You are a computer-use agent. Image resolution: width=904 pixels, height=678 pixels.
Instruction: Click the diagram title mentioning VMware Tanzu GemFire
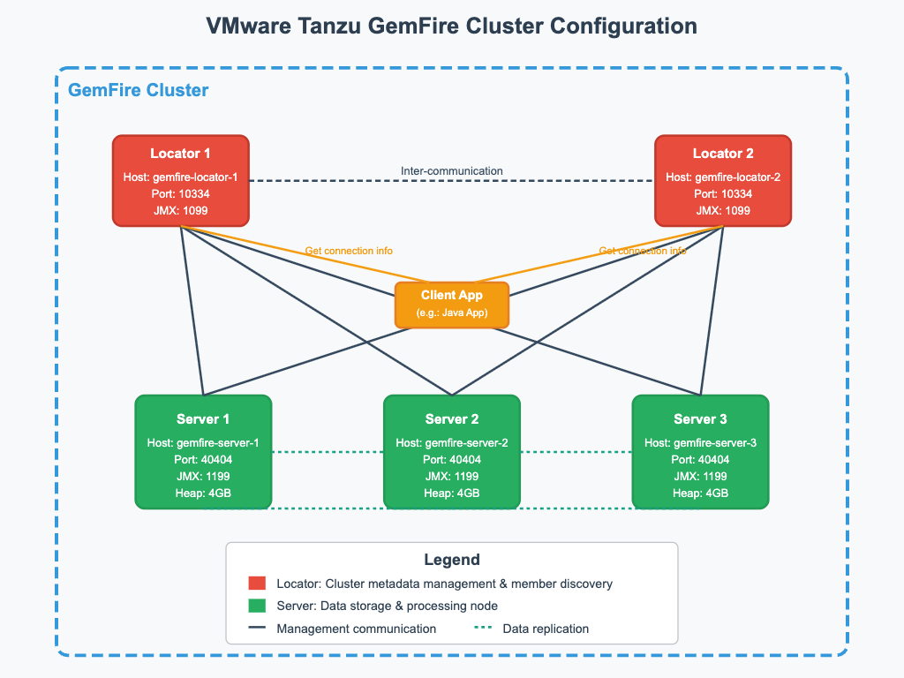(452, 25)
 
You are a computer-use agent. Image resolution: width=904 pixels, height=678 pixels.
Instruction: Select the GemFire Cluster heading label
(139, 90)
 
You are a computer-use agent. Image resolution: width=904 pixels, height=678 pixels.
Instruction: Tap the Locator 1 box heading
(181, 154)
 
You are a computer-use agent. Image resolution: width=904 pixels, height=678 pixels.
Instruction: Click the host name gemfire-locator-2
(723, 177)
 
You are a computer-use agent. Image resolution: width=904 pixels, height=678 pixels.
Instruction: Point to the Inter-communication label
(452, 170)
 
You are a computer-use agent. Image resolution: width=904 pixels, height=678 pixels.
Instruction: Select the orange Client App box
(452, 304)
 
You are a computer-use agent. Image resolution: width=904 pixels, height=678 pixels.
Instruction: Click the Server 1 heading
(203, 418)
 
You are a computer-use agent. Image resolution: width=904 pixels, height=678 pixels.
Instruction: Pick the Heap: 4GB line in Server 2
(452, 493)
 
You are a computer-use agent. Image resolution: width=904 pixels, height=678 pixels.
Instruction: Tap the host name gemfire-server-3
(701, 443)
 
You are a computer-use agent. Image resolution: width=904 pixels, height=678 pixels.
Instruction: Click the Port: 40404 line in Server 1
(203, 460)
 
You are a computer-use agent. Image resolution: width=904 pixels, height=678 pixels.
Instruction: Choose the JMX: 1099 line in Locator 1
(181, 210)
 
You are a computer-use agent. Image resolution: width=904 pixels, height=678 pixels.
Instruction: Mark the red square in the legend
(257, 584)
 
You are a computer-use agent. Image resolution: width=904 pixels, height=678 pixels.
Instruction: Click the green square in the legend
(257, 606)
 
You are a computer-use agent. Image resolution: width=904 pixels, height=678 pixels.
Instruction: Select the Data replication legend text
(546, 629)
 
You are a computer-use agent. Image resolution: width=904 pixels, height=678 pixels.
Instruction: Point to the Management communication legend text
(356, 629)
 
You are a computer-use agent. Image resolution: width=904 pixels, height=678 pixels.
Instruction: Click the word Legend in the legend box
(452, 560)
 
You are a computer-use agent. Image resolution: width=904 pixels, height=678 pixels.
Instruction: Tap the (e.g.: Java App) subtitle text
(452, 313)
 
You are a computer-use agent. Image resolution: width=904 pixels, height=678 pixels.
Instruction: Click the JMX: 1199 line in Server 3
(701, 477)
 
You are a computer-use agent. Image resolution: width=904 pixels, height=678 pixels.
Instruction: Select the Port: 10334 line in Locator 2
(723, 194)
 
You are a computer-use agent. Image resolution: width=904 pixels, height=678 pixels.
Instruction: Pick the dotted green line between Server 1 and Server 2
(328, 452)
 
